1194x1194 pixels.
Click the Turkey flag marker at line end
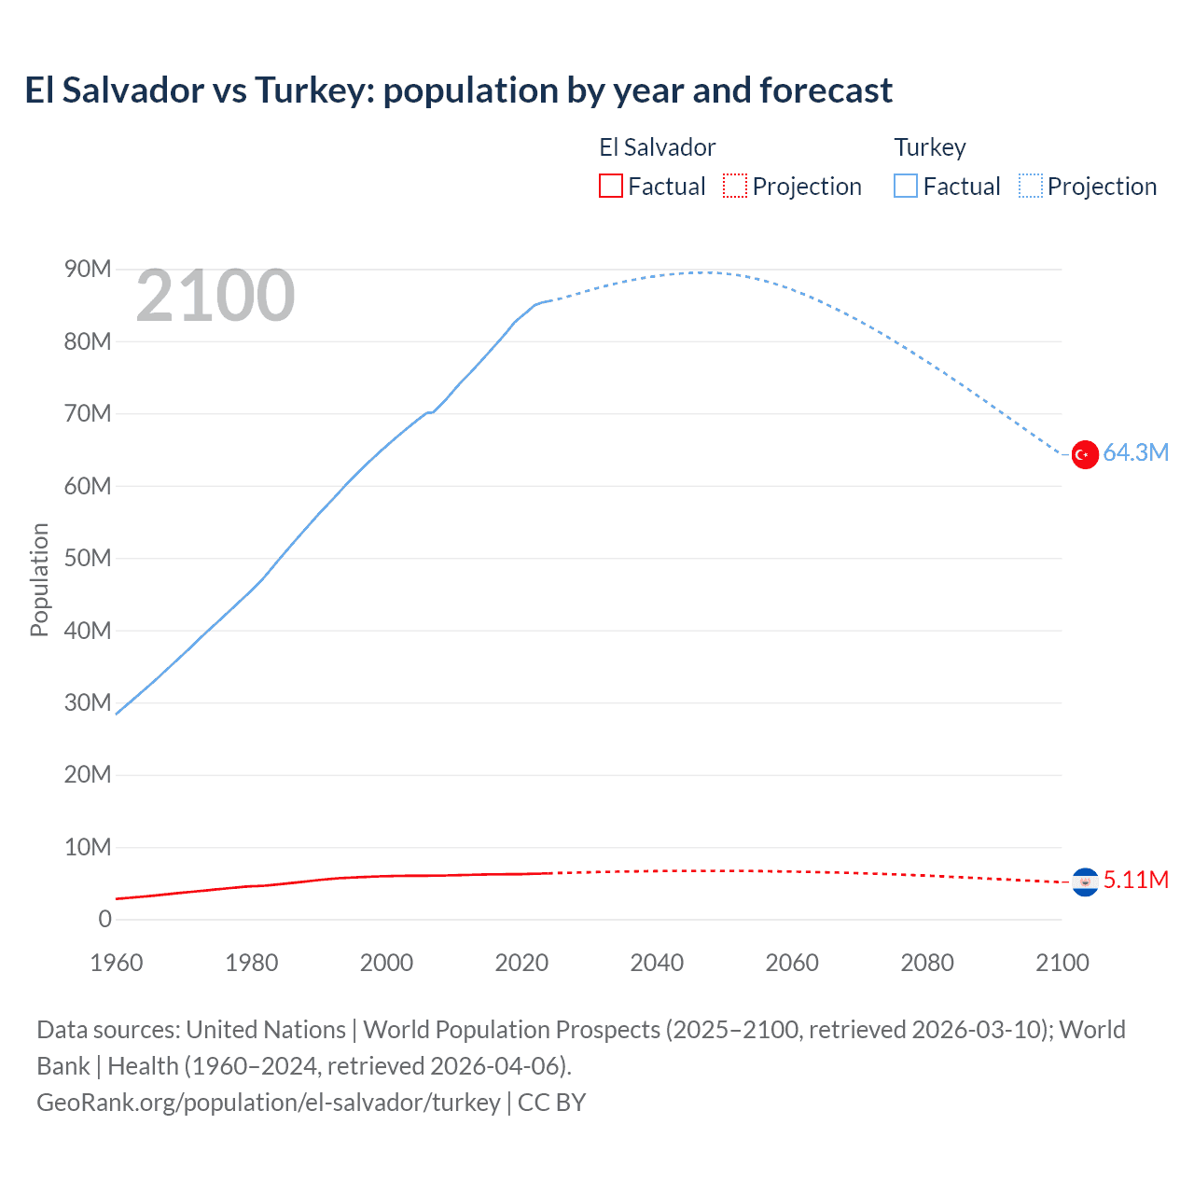pos(1084,454)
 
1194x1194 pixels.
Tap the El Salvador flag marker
pos(1084,882)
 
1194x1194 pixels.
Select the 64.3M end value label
pos(1135,453)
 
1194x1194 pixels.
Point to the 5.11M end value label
pos(1135,881)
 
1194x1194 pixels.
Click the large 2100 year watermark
pos(215,297)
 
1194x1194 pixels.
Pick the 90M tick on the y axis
pos(88,270)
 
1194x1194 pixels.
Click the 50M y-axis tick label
pos(88,559)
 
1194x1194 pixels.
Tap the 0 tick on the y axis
pos(104,920)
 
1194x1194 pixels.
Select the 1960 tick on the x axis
pos(117,963)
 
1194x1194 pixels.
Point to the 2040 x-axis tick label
pos(657,963)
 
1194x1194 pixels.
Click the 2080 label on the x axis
pos(926,963)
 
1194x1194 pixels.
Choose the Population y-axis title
pos(39,579)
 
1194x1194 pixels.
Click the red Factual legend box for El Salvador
pos(611,187)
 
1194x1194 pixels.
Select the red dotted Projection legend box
pos(735,187)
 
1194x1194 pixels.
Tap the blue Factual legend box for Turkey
pos(906,187)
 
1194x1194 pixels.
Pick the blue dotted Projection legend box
pos(1031,187)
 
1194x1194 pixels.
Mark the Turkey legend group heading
pos(930,147)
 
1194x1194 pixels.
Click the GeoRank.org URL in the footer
pos(269,1103)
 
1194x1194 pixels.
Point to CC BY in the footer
pos(551,1103)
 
